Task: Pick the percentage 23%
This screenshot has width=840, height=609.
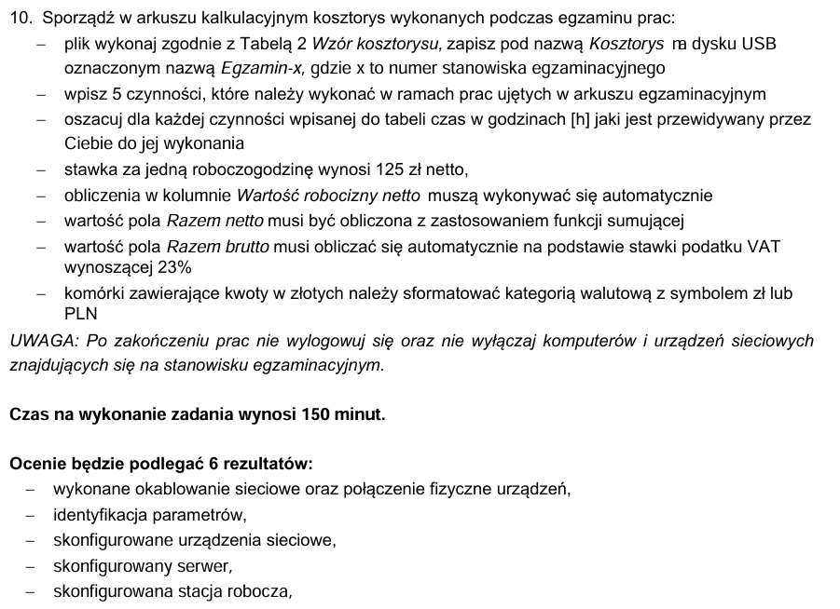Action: point(174,267)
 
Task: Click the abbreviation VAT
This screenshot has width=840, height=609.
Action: point(764,246)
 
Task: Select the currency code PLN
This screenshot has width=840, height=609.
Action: point(81,314)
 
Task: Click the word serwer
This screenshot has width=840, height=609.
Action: point(202,565)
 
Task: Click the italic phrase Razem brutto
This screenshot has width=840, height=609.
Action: point(217,246)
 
